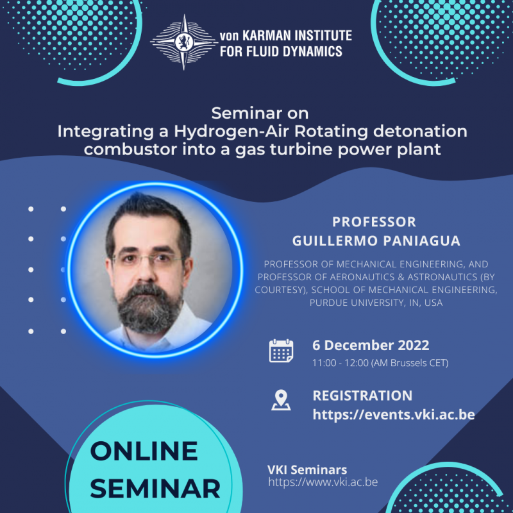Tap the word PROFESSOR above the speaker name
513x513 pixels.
click(x=374, y=222)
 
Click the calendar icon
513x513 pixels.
click(x=281, y=351)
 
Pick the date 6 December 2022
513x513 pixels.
click(x=371, y=345)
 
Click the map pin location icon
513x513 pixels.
click(x=281, y=400)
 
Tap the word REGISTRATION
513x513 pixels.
click(x=362, y=395)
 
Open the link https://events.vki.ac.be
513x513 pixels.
click(x=393, y=414)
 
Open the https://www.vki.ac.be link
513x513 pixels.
click(x=323, y=482)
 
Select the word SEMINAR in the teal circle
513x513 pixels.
click(x=155, y=489)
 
